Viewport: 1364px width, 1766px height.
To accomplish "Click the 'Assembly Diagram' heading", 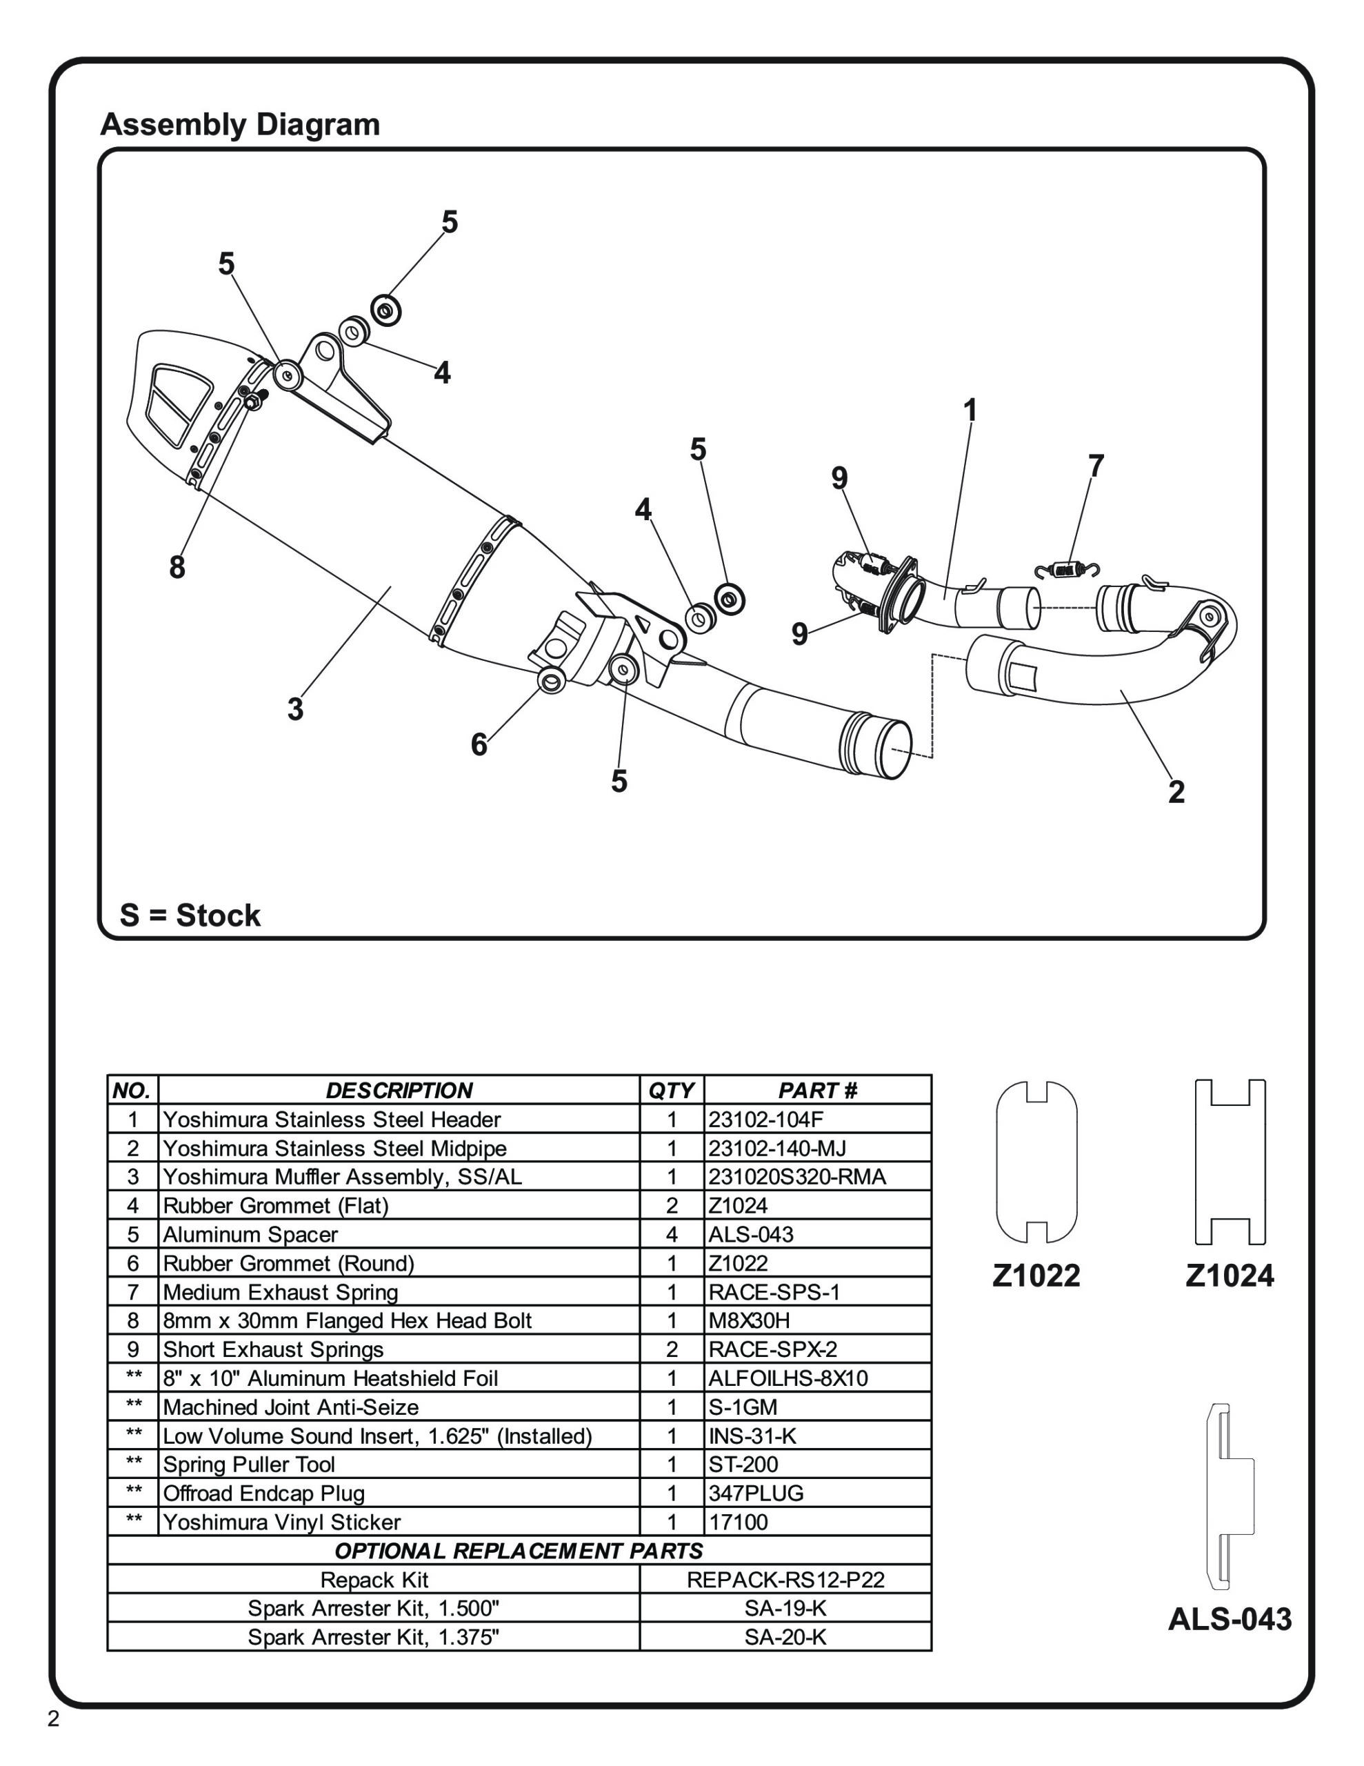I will coord(239,126).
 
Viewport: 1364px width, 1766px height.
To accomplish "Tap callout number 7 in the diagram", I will coord(1095,466).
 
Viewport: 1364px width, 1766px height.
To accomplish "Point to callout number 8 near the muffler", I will coord(177,568).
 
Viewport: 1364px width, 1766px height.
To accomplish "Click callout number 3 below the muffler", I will coord(295,709).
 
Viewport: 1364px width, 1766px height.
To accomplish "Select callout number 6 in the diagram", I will coord(479,744).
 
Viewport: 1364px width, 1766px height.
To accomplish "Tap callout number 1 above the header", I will coord(970,410).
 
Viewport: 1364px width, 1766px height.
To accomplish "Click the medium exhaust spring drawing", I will coord(1067,569).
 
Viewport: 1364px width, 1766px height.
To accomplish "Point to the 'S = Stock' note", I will coord(190,915).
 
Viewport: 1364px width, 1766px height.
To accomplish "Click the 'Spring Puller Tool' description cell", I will coord(249,1465).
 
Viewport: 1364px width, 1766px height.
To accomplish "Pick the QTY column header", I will coord(671,1090).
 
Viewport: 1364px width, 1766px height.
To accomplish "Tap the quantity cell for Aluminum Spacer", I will coord(671,1235).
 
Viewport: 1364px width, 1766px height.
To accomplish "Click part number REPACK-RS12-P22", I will coord(785,1579).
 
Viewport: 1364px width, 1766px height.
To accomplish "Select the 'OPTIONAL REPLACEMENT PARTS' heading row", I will coord(519,1551).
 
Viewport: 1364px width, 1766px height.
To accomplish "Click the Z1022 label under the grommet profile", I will coord(1036,1275).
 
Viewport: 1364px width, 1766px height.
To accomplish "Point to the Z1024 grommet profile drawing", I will coord(1229,1162).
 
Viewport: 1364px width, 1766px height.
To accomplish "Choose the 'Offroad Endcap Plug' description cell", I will coord(263,1494).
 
